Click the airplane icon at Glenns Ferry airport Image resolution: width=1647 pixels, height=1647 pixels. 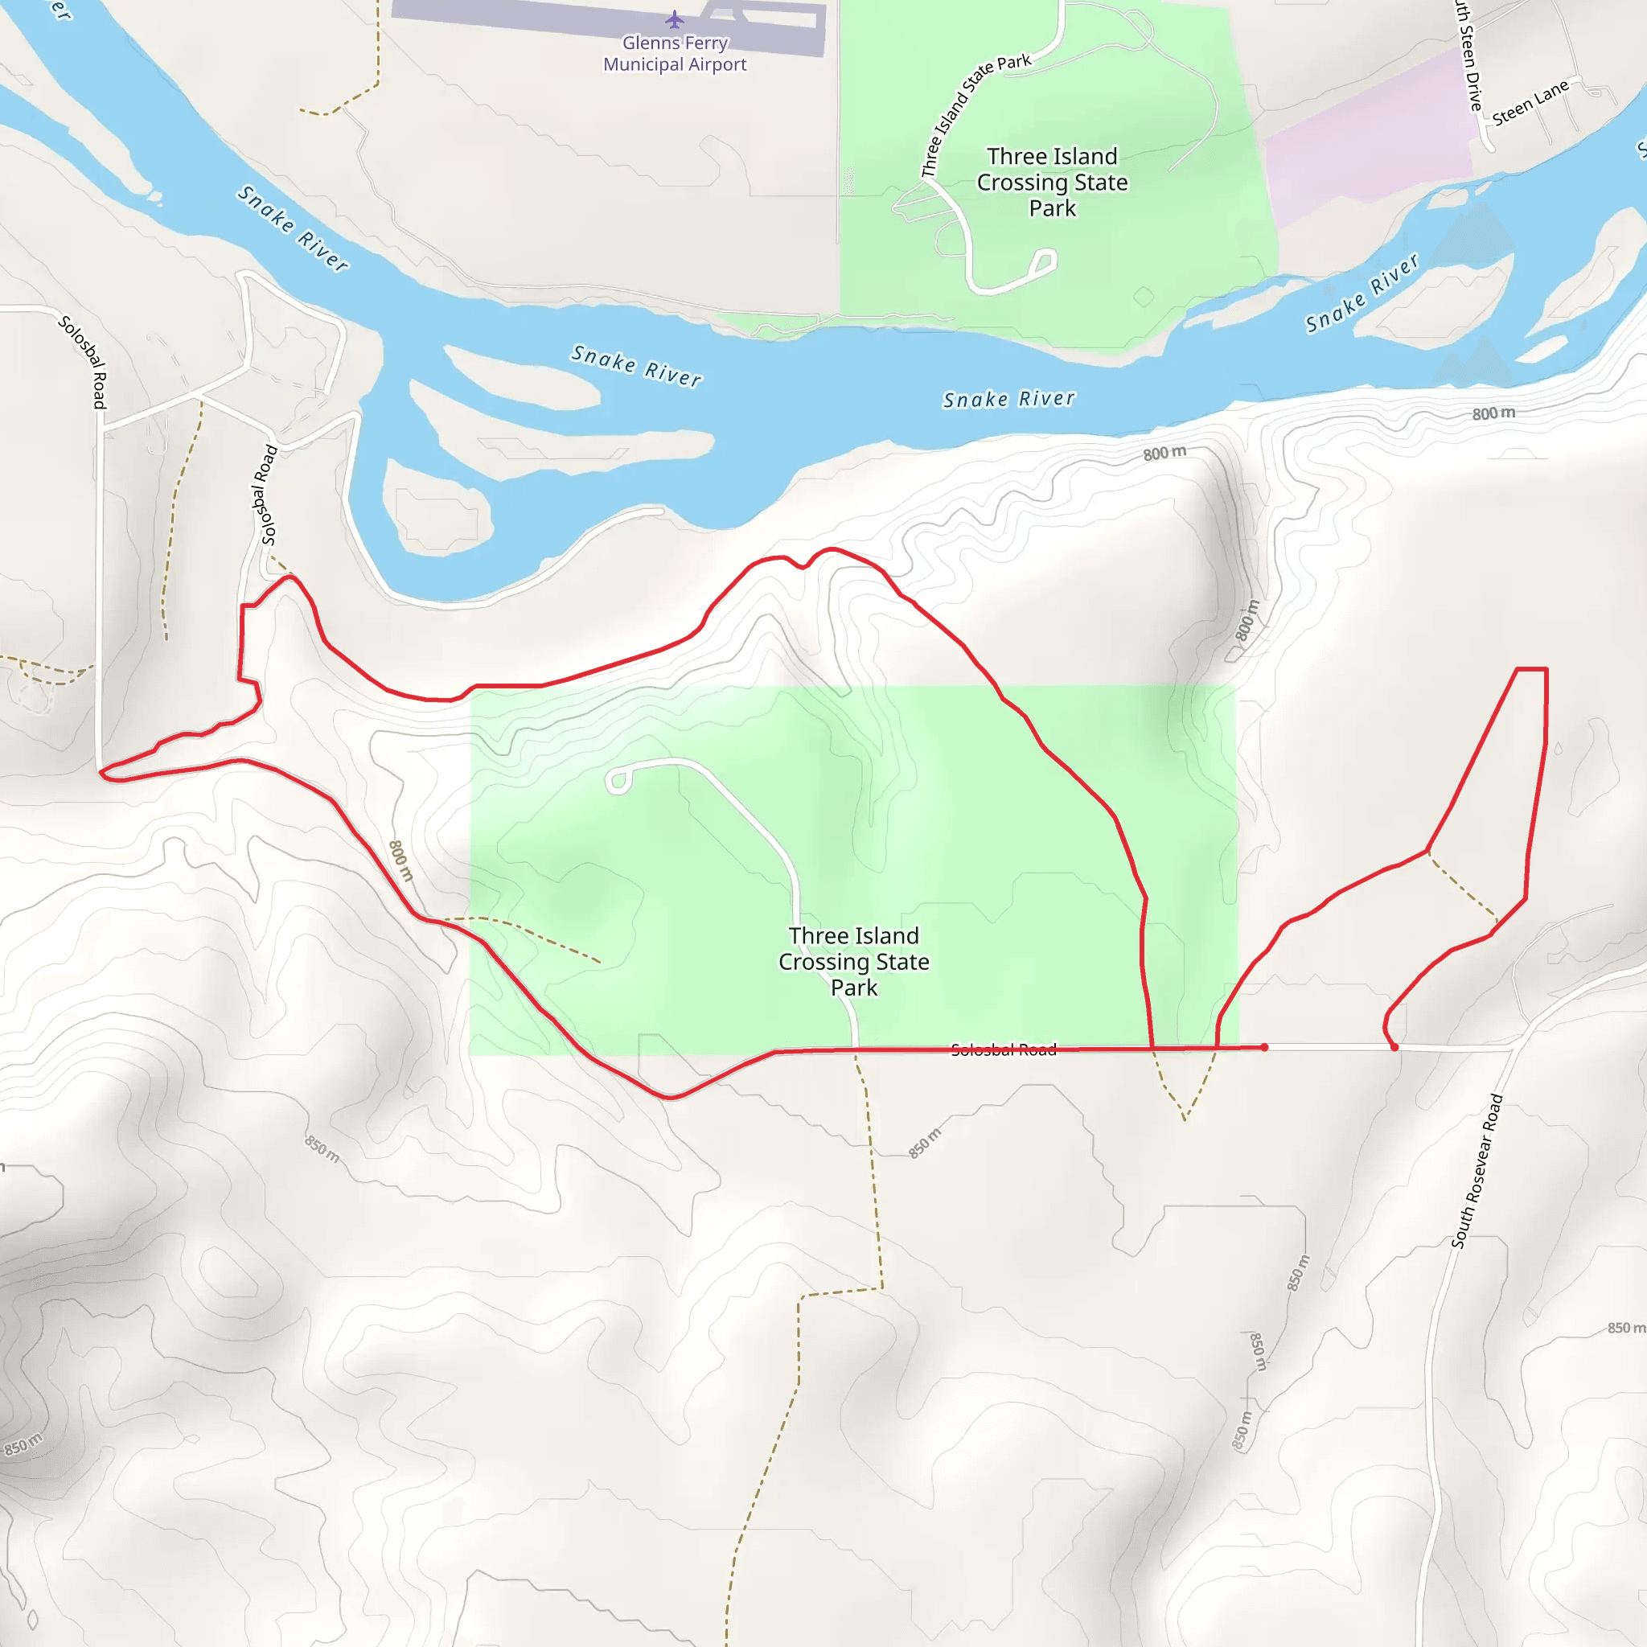pos(674,18)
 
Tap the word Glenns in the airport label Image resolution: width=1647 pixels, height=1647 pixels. pos(651,43)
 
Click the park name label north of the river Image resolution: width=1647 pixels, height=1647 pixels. pos(1052,183)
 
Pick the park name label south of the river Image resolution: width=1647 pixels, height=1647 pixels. pos(853,962)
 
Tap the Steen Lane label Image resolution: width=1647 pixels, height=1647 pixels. pos(1530,103)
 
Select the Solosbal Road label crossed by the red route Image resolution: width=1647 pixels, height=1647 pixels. pos(1004,1049)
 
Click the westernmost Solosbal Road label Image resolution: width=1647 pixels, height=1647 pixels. pos(83,361)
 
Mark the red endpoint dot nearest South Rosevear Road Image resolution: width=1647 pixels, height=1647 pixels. pos(1394,1047)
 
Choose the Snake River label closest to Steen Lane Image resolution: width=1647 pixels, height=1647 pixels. pos(1362,293)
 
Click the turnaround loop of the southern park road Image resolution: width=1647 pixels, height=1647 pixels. pos(618,781)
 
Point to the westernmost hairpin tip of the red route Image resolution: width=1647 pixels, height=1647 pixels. pos(102,774)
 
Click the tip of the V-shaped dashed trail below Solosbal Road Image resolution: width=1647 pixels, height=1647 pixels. pos(1184,1119)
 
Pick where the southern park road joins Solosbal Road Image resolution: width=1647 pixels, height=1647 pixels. pos(855,1049)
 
